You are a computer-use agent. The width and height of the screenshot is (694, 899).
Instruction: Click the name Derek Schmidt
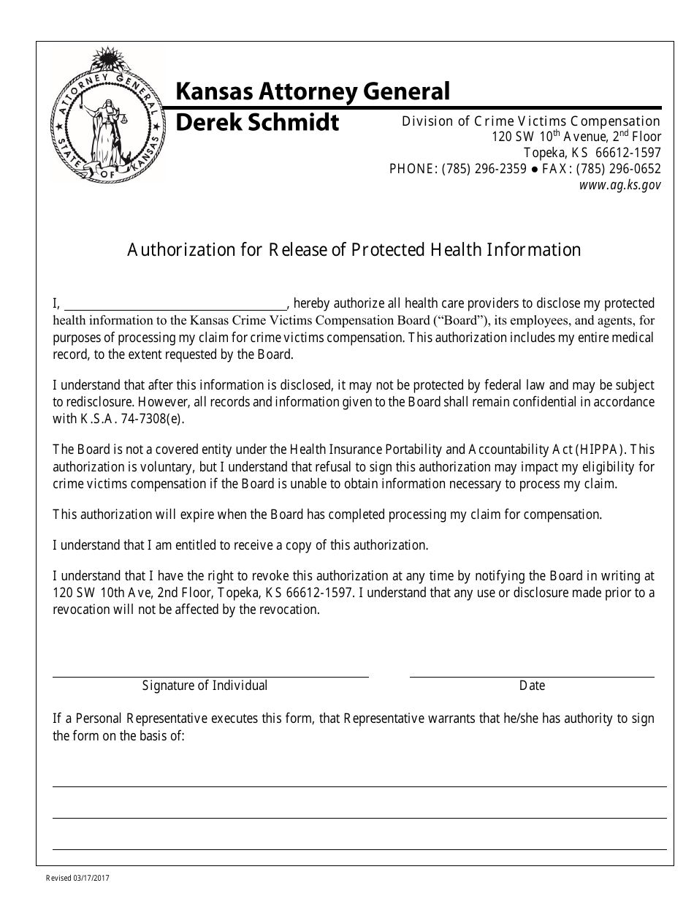257,122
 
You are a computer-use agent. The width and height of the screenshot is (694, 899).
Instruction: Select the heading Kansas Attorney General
313,91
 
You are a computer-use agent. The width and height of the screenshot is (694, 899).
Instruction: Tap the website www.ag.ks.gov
619,186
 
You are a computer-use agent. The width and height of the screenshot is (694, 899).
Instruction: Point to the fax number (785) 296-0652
618,170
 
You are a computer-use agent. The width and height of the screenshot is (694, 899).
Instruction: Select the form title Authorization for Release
354,250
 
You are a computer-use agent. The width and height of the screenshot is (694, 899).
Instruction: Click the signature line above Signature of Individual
210,676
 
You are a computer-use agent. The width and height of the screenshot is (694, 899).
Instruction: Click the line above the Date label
531,676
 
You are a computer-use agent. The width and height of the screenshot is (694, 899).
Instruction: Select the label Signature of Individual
205,686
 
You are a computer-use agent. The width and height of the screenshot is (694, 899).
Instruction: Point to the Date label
532,686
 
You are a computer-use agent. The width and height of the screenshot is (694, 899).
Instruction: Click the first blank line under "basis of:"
359,786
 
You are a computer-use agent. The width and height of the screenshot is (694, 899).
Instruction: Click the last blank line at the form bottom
359,849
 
